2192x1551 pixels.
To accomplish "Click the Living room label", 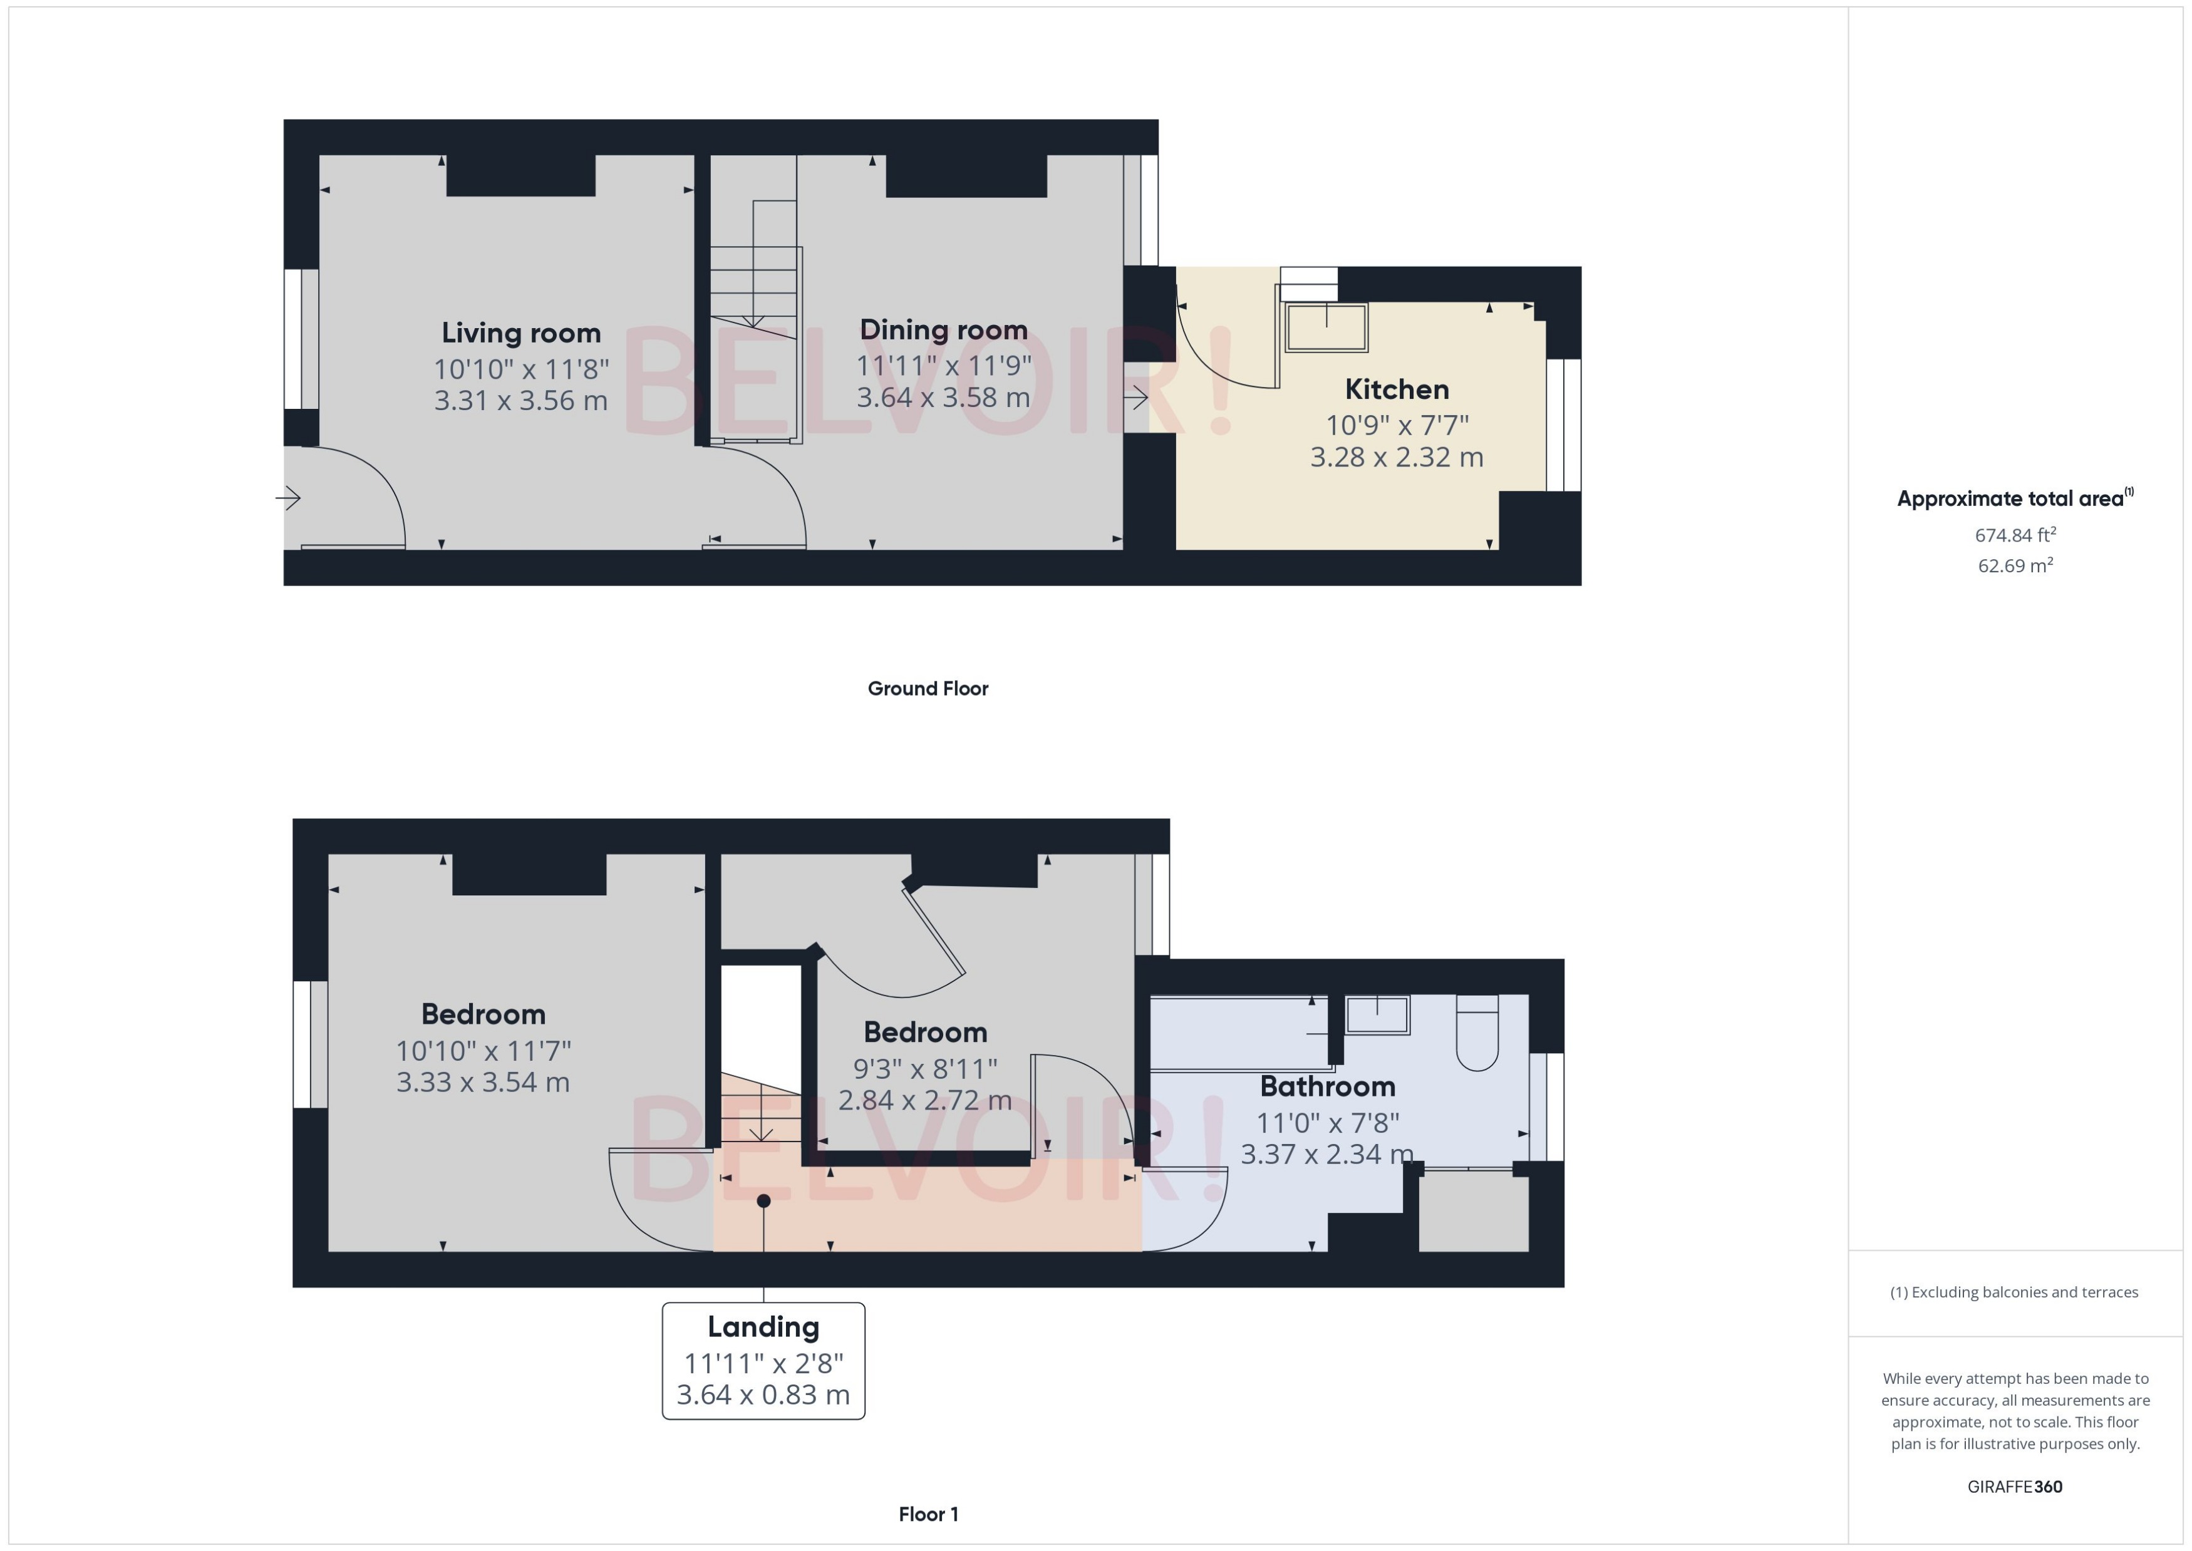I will pos(520,333).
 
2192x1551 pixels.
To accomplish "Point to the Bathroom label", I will pos(1326,1087).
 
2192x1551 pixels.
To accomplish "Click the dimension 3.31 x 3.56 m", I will pos(520,400).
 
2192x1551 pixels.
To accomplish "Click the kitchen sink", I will pos(1326,327).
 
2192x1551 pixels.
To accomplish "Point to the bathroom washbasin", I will pos(1377,1014).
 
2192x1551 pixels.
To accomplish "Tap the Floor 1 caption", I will pos(928,1514).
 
